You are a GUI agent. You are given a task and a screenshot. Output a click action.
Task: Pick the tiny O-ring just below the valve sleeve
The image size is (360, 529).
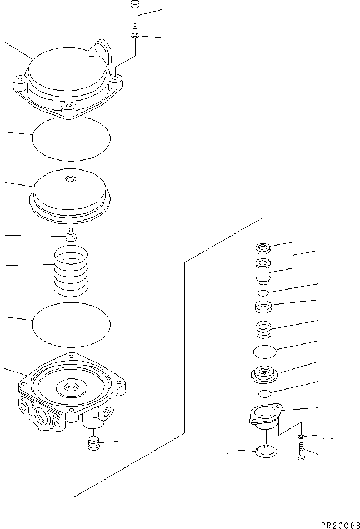click(x=263, y=292)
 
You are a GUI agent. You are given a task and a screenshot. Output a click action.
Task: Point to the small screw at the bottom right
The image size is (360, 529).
click(x=302, y=451)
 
